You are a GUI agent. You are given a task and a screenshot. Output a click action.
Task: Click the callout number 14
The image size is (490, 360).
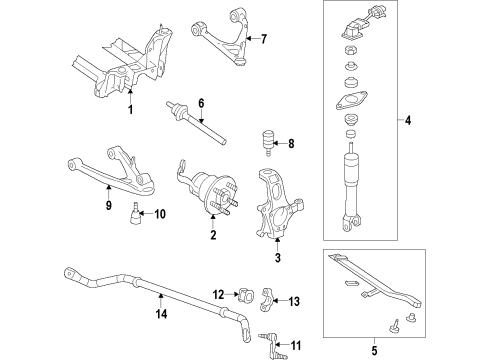click(159, 313)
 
